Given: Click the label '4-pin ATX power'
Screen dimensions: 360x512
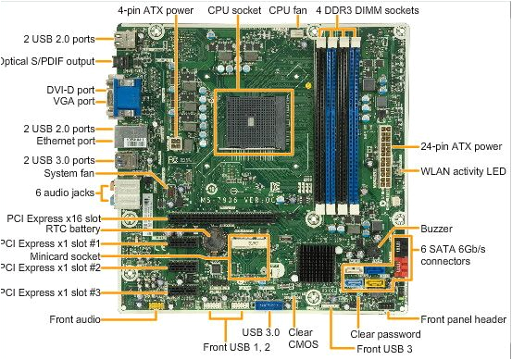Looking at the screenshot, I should [156, 9].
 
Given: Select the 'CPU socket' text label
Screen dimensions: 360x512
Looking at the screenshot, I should [235, 9].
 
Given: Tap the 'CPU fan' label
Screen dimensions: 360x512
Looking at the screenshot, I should [290, 9].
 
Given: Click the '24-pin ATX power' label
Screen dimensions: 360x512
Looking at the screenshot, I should [461, 146].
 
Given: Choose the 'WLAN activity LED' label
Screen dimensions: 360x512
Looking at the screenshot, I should [464, 171].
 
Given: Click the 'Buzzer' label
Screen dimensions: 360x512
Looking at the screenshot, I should [437, 227].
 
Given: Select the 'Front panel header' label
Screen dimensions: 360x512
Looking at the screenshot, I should [462, 319].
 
